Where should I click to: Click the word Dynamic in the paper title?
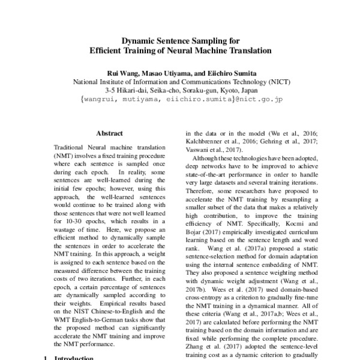[140, 41]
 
